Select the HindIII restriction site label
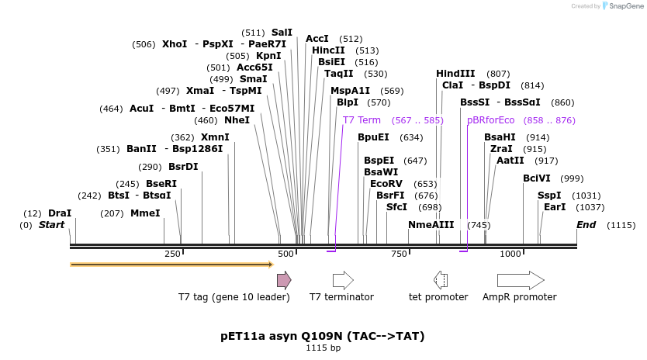tap(455, 73)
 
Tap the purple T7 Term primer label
tap(362, 120)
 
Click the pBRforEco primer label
tap(490, 120)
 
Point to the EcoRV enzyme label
tap(386, 183)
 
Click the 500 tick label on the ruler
tap(285, 254)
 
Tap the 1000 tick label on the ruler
tap(510, 254)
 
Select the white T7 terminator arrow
tap(343, 280)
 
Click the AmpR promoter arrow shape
tap(521, 280)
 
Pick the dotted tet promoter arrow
tap(440, 280)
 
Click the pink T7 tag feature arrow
tap(284, 280)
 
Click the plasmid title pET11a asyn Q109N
tap(323, 336)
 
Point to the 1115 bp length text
tap(323, 348)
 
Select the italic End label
tap(586, 225)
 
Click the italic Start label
tap(52, 225)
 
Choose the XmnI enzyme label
tap(215, 137)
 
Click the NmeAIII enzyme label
tap(431, 225)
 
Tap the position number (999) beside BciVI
tap(572, 178)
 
